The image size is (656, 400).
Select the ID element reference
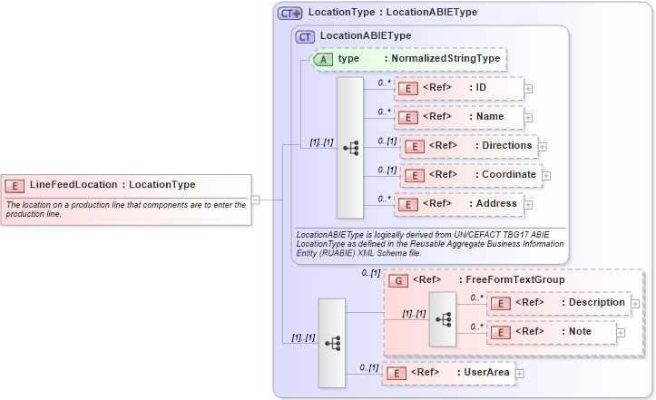click(459, 88)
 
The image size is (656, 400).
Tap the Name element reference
click(459, 117)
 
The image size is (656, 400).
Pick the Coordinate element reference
click(470, 175)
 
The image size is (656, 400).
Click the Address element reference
click(459, 204)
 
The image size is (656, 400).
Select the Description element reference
click(558, 303)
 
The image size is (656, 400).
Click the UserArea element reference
click(448, 372)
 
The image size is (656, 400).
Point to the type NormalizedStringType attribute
click(407, 59)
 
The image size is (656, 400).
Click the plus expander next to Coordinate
click(546, 175)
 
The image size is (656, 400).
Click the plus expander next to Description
click(635, 303)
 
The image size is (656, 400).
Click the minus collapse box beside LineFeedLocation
click(256, 200)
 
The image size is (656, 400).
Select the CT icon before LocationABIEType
click(305, 36)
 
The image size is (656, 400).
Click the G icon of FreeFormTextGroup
click(397, 280)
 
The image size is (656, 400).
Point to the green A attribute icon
click(323, 59)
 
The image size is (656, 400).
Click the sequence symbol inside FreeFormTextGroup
click(443, 319)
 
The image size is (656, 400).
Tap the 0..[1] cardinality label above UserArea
click(368, 367)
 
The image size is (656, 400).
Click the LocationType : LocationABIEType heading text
click(393, 13)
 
